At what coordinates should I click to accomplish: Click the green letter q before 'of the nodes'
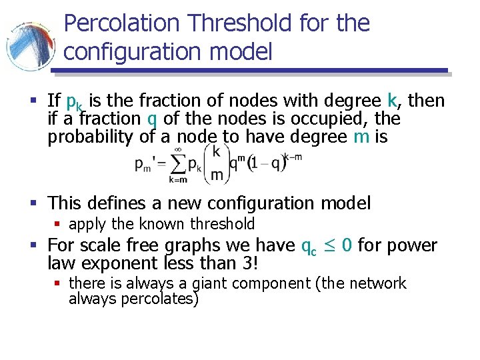pos(153,119)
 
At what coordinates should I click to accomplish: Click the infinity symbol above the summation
pos(178,148)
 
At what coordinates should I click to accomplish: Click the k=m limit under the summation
pos(177,179)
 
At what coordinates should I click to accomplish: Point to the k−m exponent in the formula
pos(292,156)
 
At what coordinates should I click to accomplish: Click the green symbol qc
pos(309,247)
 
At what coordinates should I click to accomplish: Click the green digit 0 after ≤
pos(347,245)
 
